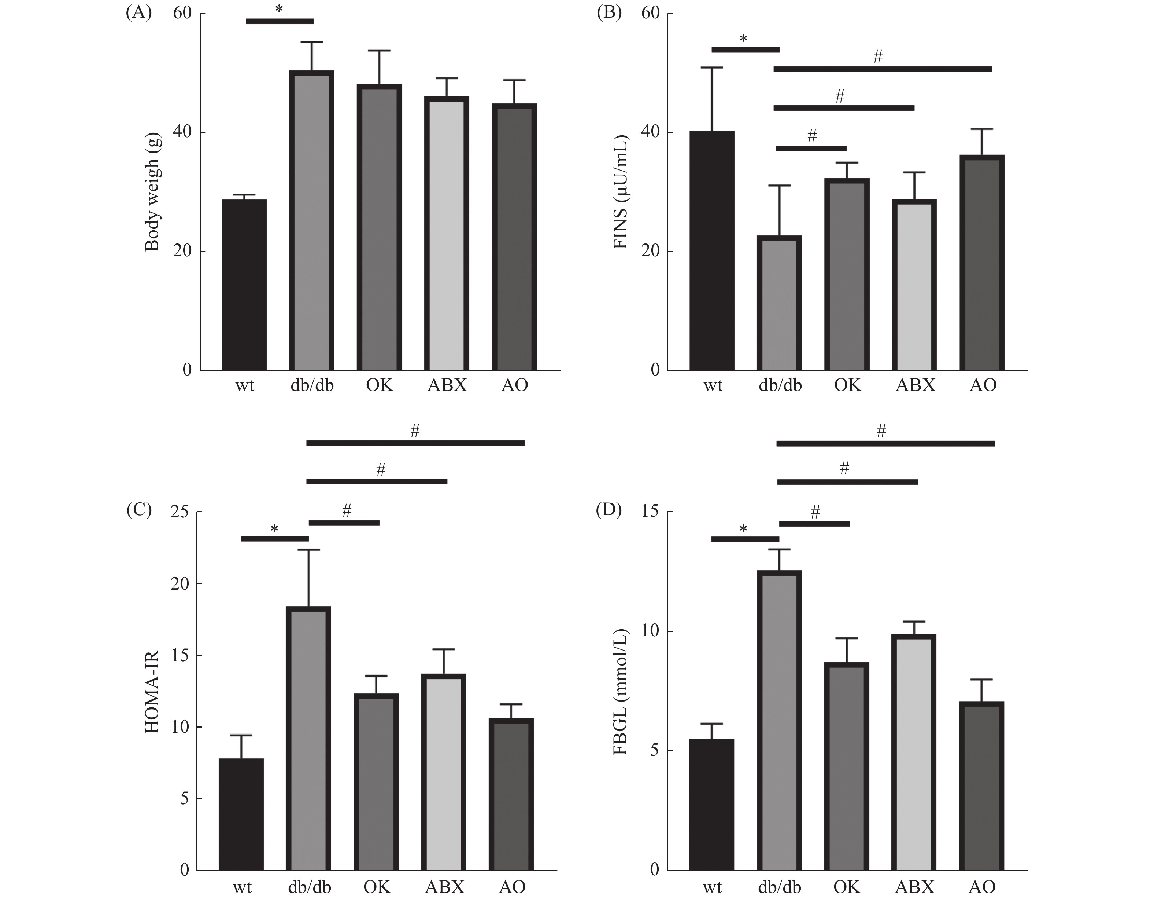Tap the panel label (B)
click(x=609, y=13)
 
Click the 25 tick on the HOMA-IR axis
click(x=179, y=512)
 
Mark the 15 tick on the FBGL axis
click(x=650, y=512)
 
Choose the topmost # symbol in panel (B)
click(x=878, y=56)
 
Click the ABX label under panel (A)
click(x=447, y=385)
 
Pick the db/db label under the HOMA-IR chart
click(x=310, y=887)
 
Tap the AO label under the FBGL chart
click(x=982, y=887)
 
